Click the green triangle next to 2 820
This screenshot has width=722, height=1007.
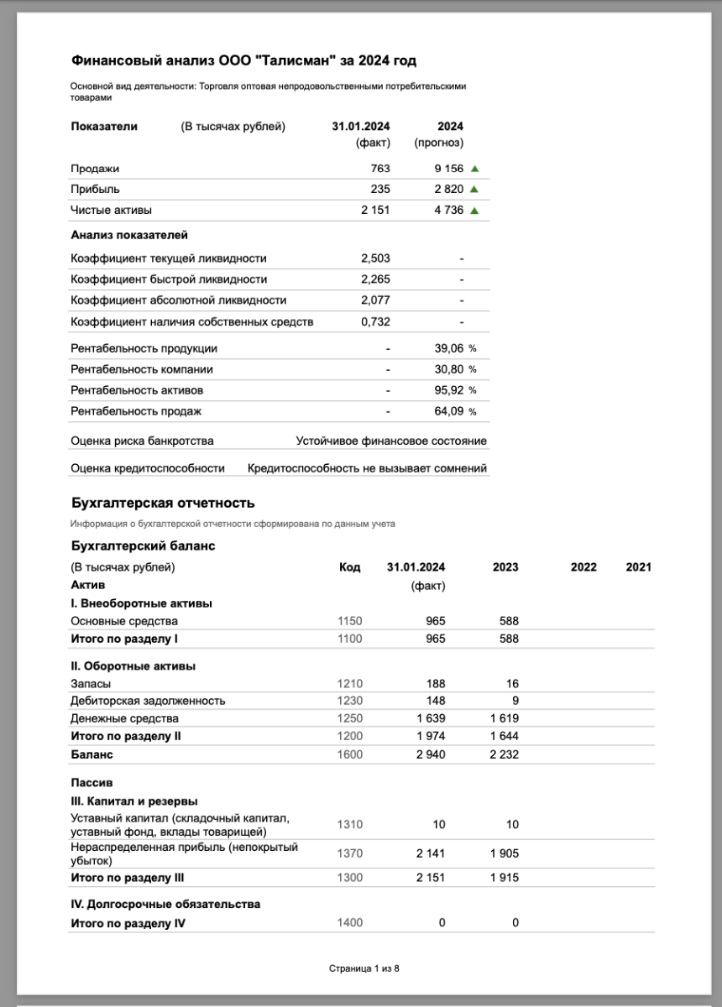pyautogui.click(x=474, y=190)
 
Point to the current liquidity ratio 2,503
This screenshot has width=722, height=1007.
pyautogui.click(x=375, y=258)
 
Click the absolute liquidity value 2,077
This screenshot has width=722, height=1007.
pyautogui.click(x=375, y=300)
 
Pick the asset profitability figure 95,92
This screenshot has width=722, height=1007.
pyautogui.click(x=445, y=390)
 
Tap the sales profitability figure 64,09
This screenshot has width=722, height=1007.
pyautogui.click(x=445, y=411)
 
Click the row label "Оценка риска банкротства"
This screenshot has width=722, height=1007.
pyautogui.click(x=142, y=441)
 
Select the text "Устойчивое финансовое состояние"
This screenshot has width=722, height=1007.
pyautogui.click(x=391, y=441)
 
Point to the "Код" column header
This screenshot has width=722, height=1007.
pyautogui.click(x=349, y=567)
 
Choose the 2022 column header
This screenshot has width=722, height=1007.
pyautogui.click(x=583, y=567)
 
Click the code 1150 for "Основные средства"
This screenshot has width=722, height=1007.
pyautogui.click(x=349, y=621)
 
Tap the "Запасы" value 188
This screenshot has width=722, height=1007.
pyautogui.click(x=436, y=683)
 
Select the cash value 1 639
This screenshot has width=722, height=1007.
pyautogui.click(x=430, y=718)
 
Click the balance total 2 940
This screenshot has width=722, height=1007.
pyautogui.click(x=430, y=754)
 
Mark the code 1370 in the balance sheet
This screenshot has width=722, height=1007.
pyautogui.click(x=349, y=853)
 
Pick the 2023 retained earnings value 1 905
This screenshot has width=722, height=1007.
pyautogui.click(x=504, y=853)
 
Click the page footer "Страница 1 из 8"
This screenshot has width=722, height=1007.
pyautogui.click(x=364, y=968)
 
